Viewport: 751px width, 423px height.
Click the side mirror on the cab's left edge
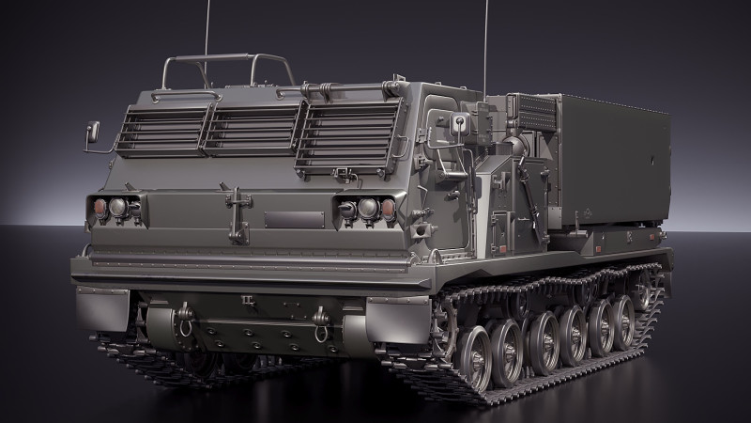92,132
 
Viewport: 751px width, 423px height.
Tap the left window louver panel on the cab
162,130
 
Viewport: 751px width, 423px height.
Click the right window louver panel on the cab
347,137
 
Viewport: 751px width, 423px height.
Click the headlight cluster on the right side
366,209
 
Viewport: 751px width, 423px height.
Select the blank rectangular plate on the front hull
294,220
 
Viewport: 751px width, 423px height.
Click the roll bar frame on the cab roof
225,70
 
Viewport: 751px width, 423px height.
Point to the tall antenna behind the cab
485,47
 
